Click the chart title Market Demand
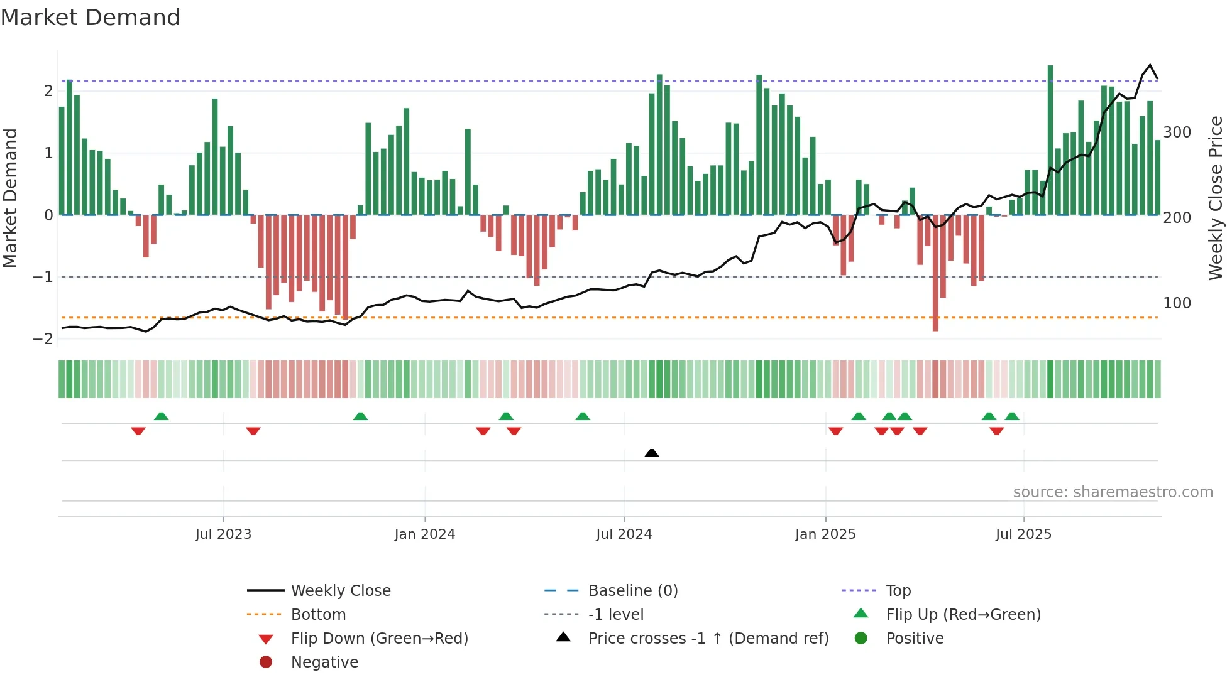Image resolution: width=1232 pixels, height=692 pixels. [x=91, y=18]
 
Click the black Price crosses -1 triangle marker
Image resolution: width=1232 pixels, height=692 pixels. [x=652, y=453]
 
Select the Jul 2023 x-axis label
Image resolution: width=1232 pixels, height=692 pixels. [x=223, y=534]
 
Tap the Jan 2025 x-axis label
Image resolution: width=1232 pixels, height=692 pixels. [x=825, y=534]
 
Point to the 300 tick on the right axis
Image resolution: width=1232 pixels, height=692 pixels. [x=1177, y=132]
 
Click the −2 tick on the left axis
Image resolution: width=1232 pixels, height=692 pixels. [x=43, y=339]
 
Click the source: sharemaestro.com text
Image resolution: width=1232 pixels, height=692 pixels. [x=1113, y=492]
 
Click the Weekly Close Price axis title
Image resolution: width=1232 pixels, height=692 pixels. [x=1216, y=198]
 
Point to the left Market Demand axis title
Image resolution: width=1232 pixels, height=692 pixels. [x=11, y=198]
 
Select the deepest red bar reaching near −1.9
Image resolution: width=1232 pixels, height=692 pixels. [x=935, y=273]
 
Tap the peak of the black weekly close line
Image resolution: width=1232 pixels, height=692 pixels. [x=1150, y=65]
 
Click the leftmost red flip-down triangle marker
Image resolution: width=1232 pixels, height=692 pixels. [x=138, y=431]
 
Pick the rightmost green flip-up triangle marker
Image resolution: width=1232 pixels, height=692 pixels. [x=1012, y=416]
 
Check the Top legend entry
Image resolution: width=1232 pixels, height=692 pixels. [x=898, y=591]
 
